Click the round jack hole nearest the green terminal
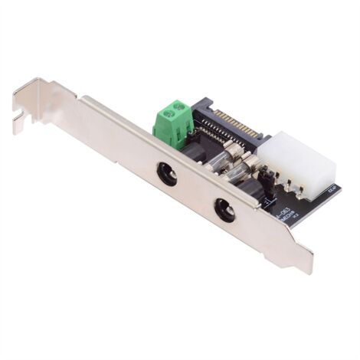[167, 174]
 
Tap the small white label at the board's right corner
[331, 190]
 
